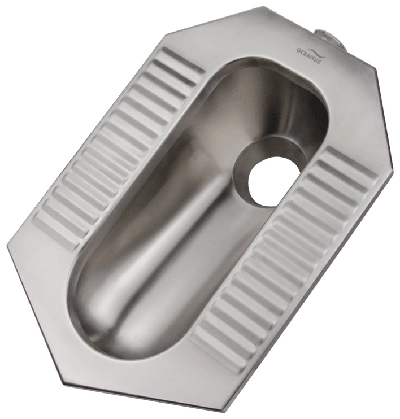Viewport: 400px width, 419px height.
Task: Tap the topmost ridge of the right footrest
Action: click(x=351, y=162)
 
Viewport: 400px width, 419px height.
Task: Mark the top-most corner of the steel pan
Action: click(x=265, y=6)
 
